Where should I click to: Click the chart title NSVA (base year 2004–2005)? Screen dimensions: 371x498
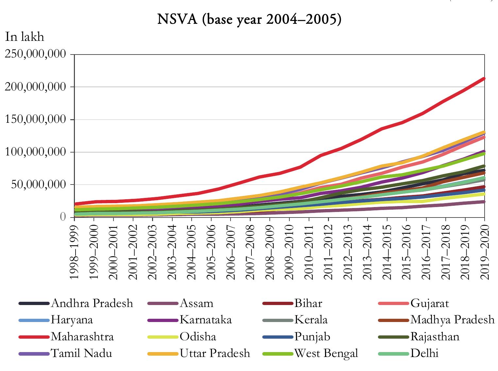click(249, 20)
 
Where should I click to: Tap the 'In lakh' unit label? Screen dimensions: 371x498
click(25, 37)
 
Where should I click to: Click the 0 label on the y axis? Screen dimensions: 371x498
click(63, 217)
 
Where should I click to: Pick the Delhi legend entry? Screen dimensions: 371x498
click(424, 353)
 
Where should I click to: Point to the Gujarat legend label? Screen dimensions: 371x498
click(430, 303)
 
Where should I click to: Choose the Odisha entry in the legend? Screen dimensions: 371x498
click(198, 336)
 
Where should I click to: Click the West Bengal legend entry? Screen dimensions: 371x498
click(326, 353)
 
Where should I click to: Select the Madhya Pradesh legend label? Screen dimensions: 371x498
click(452, 319)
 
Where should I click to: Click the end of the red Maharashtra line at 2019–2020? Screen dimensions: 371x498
click(484, 78)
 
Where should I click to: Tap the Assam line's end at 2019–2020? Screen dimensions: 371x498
click(484, 202)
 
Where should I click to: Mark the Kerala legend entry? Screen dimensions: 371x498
click(311, 319)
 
